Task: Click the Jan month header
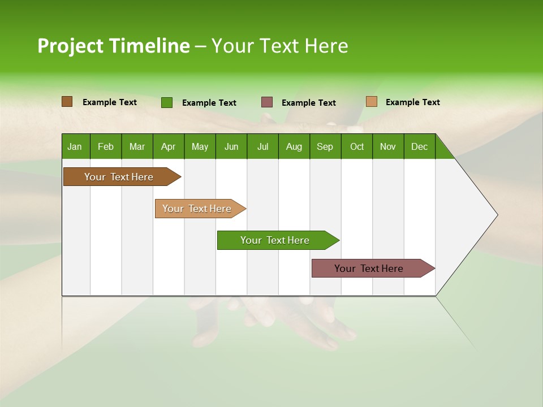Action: pyautogui.click(x=75, y=146)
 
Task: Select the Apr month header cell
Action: pyautogui.click(x=168, y=146)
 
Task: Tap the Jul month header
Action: pyautogui.click(x=262, y=146)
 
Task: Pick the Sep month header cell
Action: pyautogui.click(x=325, y=146)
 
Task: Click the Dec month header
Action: pyautogui.click(x=419, y=146)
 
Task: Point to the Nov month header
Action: pyautogui.click(x=387, y=146)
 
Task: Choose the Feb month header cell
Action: pyautogui.click(x=106, y=146)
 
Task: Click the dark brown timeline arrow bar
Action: pyautogui.click(x=119, y=177)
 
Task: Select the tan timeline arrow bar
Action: pyautogui.click(x=197, y=209)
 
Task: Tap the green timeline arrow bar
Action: pyautogui.click(x=275, y=240)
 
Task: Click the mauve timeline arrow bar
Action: pyautogui.click(x=369, y=269)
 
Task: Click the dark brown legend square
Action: pyautogui.click(x=67, y=102)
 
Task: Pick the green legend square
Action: pyautogui.click(x=166, y=102)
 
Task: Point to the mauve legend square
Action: pyautogui.click(x=267, y=102)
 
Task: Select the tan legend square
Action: pyautogui.click(x=371, y=102)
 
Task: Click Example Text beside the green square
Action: pyautogui.click(x=209, y=103)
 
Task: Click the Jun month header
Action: pyautogui.click(x=231, y=146)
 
